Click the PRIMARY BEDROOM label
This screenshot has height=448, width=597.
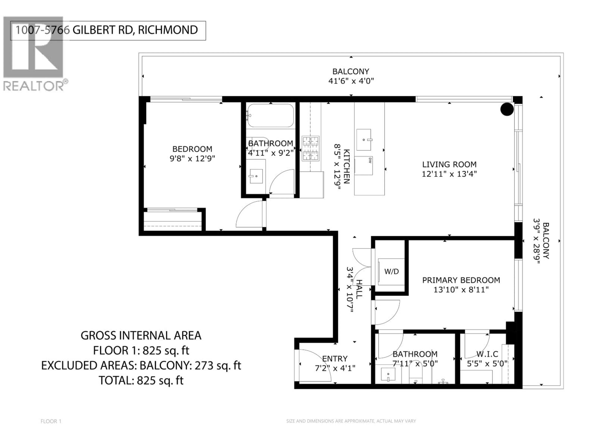(461, 280)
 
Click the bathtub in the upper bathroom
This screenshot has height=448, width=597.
(270, 116)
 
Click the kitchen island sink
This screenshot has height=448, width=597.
(363, 140)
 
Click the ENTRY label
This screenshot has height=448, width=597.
(335, 359)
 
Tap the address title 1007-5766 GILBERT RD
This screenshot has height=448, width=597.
(107, 30)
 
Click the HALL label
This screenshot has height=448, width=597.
(359, 289)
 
